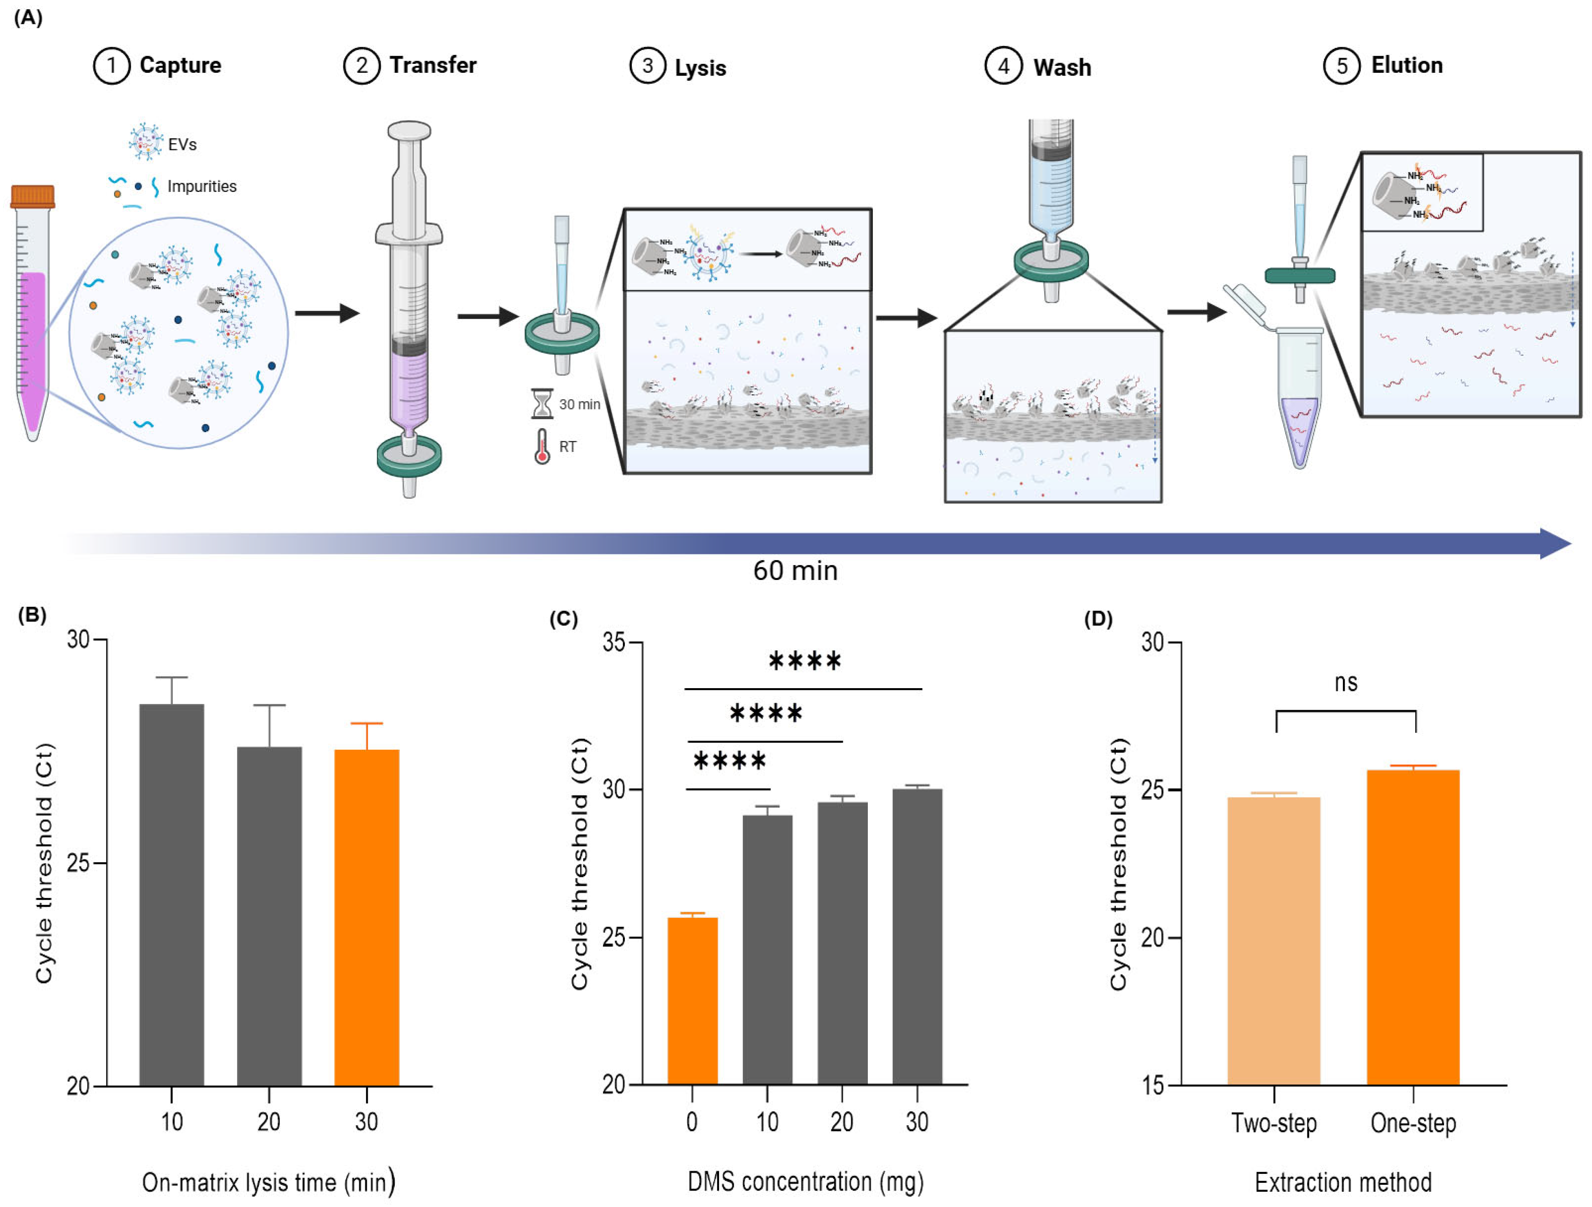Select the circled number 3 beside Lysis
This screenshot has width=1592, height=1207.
[x=647, y=66]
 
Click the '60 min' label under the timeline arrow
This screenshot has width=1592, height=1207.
[x=795, y=570]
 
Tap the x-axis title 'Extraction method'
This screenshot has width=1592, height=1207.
[x=1343, y=1182]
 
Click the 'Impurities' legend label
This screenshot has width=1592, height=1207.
[x=202, y=186]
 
